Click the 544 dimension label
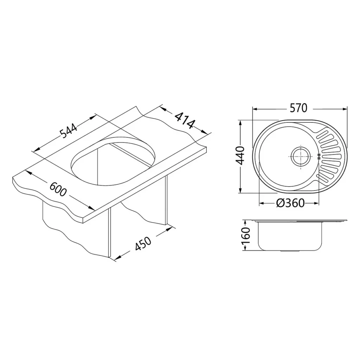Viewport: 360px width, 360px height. coord(69,131)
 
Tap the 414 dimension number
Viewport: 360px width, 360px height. coord(184,121)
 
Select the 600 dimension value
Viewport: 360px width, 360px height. coord(58,189)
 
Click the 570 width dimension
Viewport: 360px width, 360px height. coord(298,108)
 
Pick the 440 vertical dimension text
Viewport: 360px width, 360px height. coord(240,156)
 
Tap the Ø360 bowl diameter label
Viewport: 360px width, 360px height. coord(291,203)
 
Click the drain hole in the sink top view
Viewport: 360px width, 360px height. coord(300,156)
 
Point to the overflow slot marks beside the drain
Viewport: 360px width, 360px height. coord(319,156)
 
